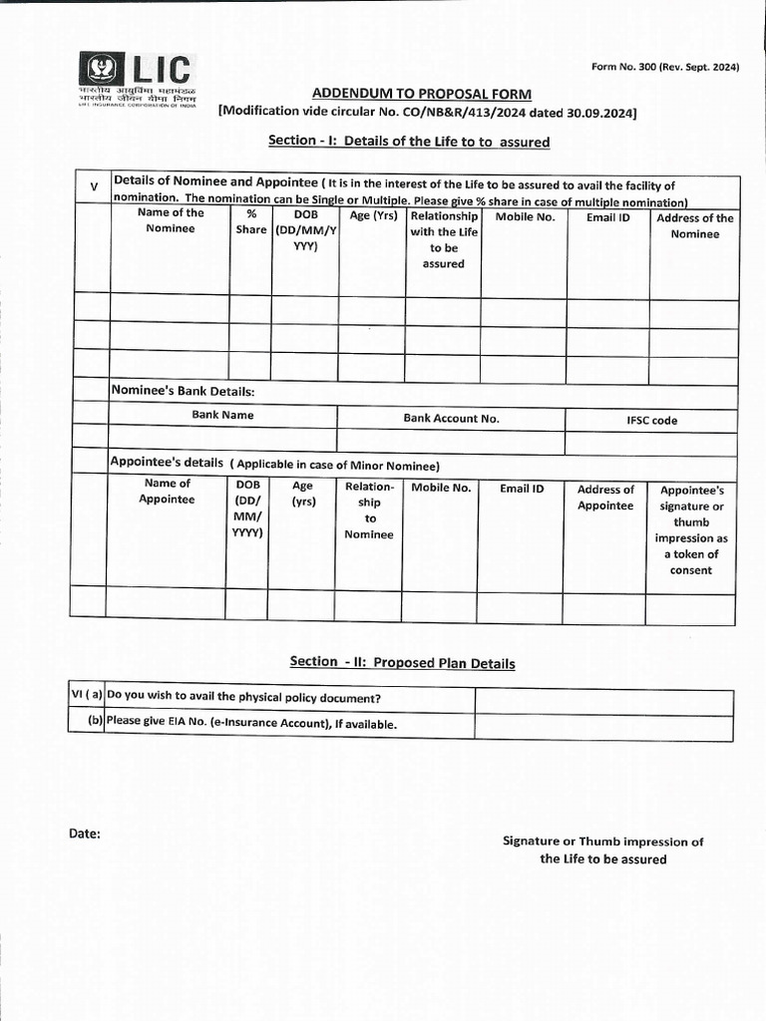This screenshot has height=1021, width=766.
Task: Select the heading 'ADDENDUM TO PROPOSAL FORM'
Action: tap(421, 94)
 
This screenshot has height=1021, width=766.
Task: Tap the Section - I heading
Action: tap(409, 142)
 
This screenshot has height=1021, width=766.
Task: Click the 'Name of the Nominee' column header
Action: tap(171, 220)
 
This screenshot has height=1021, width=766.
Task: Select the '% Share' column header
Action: tap(250, 221)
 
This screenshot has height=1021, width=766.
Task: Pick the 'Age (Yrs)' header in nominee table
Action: tap(373, 214)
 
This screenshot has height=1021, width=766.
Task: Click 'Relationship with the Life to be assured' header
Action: tap(444, 239)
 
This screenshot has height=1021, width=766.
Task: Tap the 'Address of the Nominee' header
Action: tap(694, 225)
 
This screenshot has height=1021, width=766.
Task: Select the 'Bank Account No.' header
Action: tap(451, 419)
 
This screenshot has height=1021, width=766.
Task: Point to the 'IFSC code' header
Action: tap(651, 421)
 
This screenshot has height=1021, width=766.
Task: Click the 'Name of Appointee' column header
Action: tap(167, 492)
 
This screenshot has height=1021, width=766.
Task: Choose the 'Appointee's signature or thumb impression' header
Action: tap(691, 529)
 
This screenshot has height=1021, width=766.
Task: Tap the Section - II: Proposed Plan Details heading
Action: tap(402, 662)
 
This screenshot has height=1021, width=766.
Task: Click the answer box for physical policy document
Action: tap(603, 701)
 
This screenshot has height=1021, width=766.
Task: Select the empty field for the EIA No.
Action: tap(603, 726)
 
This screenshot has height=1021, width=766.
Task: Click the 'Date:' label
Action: tap(85, 834)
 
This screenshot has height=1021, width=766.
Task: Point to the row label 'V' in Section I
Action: tap(94, 187)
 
